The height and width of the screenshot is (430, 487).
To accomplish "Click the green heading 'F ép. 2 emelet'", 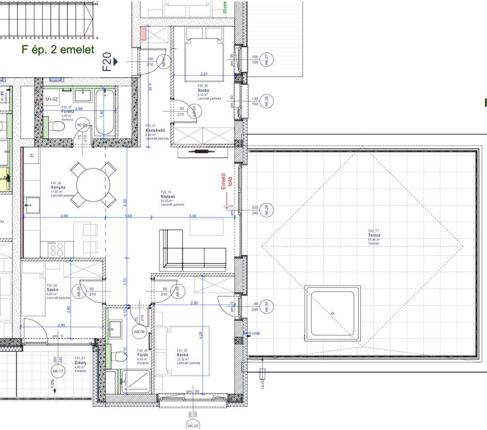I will pos(58,50).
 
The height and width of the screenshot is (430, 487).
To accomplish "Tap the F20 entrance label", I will pos(107,61).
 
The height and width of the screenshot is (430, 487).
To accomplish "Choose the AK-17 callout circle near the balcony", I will pos(58,371).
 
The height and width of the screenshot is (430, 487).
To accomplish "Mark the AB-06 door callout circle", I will pos(139,331).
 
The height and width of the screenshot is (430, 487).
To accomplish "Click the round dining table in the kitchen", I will pos(93,184).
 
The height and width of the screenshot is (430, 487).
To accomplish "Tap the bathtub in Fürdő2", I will pos(106,113).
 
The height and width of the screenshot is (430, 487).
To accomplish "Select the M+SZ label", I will pos(52,99).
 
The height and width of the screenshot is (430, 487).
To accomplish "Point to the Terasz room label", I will pos(374,235).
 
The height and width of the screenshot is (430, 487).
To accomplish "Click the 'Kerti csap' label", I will pos(252,333).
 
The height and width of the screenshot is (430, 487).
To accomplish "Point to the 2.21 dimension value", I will pos(204,74).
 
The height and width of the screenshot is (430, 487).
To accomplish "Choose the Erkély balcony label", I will pos(80,362).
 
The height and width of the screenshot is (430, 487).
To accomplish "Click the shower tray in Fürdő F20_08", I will pos(136,381).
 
